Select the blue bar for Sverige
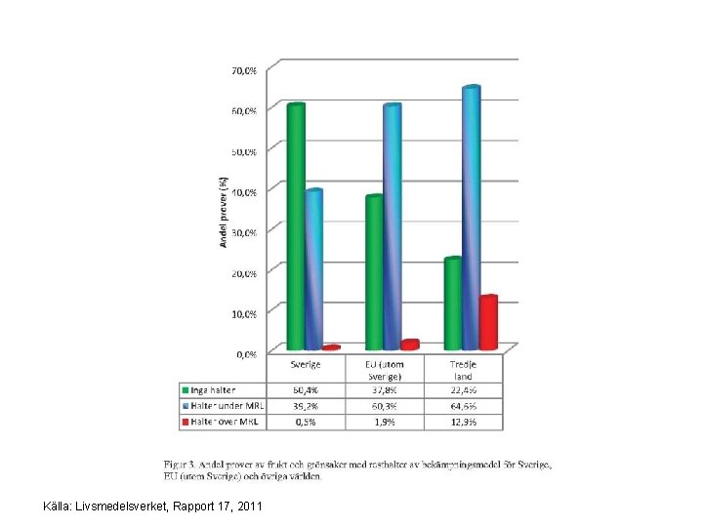point(313,269)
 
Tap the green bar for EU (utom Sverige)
point(374,272)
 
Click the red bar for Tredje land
point(488,322)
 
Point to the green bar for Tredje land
point(453,303)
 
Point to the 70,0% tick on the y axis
point(244,70)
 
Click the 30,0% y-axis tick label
point(244,232)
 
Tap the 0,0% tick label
point(246,352)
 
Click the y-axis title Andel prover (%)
point(223,212)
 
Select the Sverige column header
point(306,364)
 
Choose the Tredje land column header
point(463,370)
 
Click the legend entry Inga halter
point(214,389)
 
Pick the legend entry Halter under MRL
point(224,406)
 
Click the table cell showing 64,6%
point(463,406)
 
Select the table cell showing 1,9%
point(385,422)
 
